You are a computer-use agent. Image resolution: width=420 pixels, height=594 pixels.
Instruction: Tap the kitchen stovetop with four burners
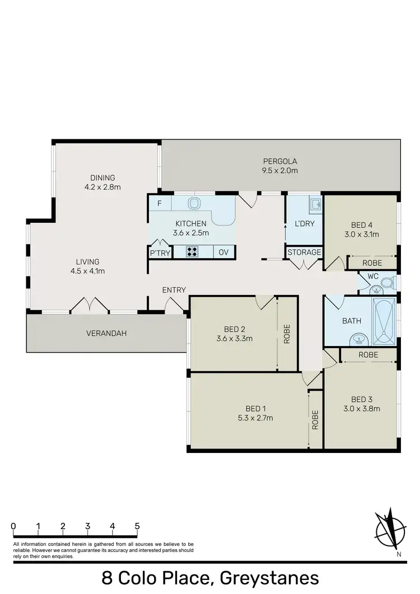193,252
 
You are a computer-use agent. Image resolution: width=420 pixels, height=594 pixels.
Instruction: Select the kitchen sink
194,203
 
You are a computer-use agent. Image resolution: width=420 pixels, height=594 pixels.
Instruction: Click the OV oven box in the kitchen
223,252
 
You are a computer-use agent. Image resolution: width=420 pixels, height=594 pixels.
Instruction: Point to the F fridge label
160,203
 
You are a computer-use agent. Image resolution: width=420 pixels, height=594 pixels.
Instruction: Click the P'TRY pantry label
159,253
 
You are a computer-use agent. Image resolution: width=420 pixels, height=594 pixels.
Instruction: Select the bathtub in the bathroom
384,322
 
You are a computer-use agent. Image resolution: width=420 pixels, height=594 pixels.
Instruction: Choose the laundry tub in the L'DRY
315,204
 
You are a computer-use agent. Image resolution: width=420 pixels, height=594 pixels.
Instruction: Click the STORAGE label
304,252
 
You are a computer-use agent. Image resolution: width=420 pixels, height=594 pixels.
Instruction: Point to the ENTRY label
174,290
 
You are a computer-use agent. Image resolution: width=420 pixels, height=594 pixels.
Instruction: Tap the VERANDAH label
106,333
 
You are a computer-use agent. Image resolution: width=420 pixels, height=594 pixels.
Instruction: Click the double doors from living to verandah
90,305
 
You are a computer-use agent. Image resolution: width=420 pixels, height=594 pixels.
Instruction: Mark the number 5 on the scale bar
137,526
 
